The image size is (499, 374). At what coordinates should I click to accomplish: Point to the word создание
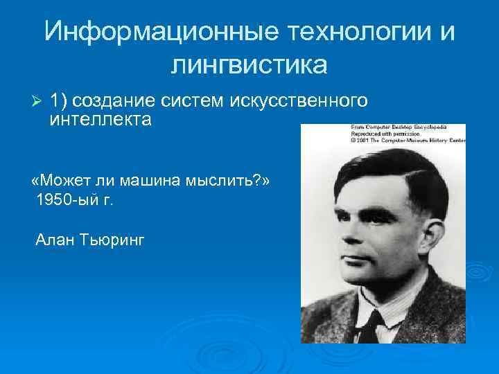(x=119, y=102)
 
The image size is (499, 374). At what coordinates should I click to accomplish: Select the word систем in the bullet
(x=190, y=102)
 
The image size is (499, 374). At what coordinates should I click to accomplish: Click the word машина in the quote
(x=142, y=181)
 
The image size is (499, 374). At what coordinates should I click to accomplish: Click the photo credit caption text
(x=398, y=133)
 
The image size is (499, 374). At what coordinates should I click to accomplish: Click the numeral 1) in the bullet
(x=60, y=102)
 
